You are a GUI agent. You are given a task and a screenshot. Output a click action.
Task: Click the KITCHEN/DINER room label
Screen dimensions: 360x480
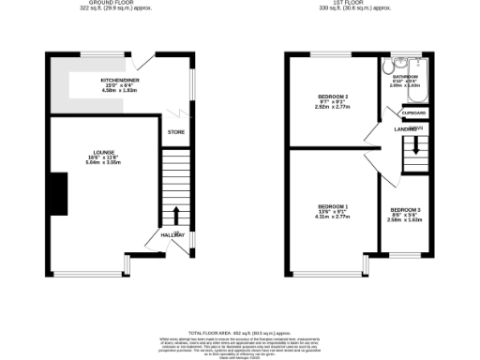[120, 81]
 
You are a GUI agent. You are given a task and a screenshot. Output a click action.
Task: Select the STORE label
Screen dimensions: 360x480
[175, 132]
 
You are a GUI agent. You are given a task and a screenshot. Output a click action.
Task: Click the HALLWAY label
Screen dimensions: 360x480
[173, 234]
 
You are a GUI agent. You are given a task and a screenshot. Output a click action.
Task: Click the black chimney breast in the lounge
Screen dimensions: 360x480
[58, 192]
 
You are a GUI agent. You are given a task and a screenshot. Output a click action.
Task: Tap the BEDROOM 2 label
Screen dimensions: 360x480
[333, 97]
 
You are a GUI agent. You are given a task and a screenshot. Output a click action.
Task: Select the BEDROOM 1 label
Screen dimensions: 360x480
[333, 206]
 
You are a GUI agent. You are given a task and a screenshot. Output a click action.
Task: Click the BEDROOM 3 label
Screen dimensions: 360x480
[406, 208]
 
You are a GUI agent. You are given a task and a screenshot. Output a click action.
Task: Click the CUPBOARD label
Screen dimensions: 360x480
[413, 112]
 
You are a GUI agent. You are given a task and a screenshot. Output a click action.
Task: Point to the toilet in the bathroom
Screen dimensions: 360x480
[387, 67]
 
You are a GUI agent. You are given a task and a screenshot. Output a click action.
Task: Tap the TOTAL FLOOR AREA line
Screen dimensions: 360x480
[240, 334]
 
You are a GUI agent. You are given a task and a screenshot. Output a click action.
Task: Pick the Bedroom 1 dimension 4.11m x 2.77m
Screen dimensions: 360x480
[333, 217]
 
